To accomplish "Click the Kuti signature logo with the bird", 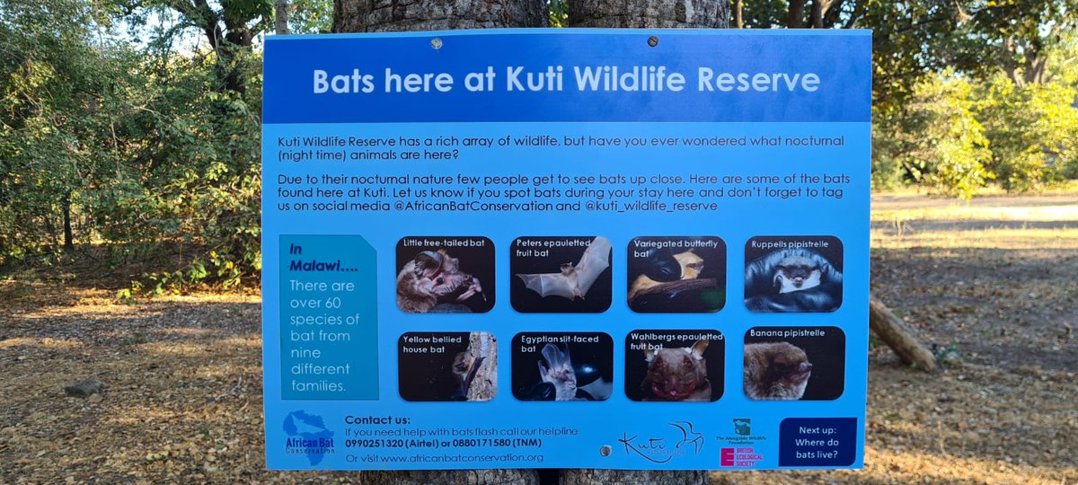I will coord(661,442).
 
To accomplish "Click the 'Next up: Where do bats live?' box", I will coord(817,442).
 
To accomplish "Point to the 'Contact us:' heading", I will coord(377,419).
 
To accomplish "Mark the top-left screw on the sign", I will coord(436,43).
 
